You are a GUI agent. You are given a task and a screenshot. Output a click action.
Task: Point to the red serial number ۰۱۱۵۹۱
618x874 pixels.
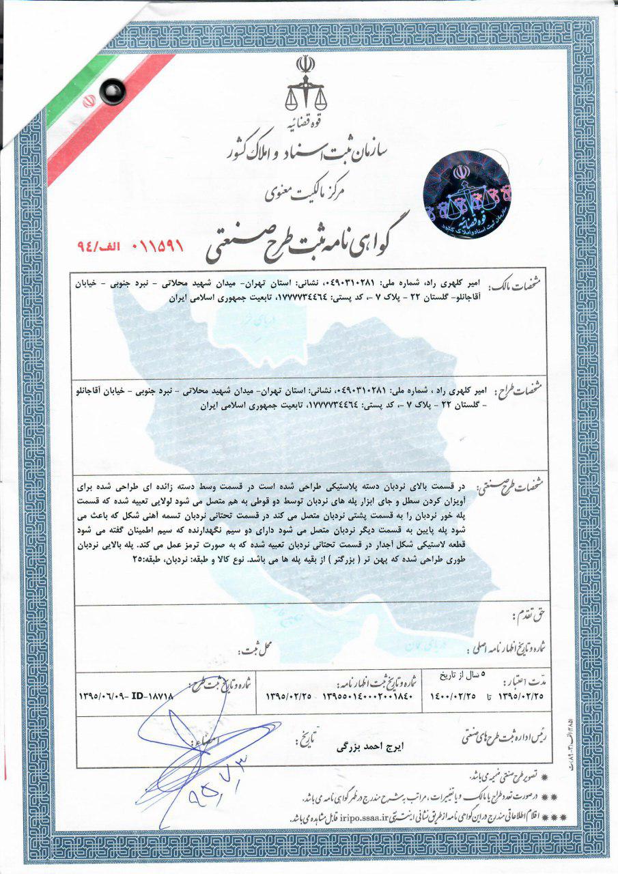pyautogui.click(x=152, y=242)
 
